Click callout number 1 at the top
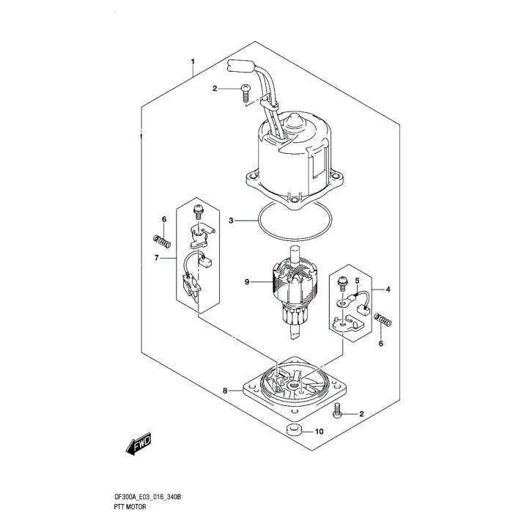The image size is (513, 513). tap(193, 62)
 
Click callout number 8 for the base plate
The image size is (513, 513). tap(226, 391)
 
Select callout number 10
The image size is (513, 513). tap(320, 432)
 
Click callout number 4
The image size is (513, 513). tap(388, 289)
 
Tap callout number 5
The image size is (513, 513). tap(358, 280)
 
